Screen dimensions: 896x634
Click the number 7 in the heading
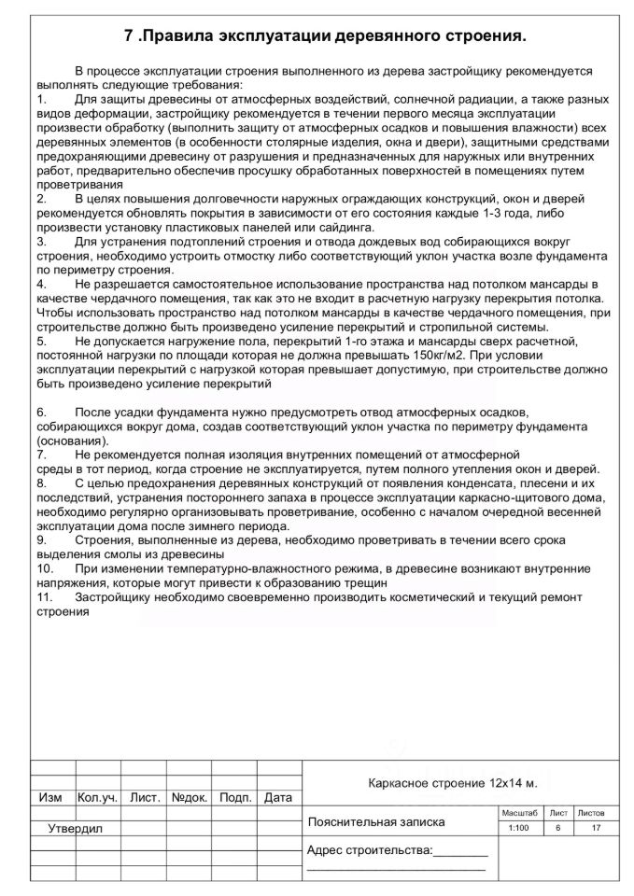[x=130, y=36]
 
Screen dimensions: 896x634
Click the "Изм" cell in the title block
[x=50, y=798]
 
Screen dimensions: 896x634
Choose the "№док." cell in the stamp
[x=190, y=798]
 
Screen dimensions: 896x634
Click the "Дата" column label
[x=278, y=798]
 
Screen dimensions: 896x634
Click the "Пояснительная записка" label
[x=376, y=822]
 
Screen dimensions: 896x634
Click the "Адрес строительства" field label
[x=370, y=850]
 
